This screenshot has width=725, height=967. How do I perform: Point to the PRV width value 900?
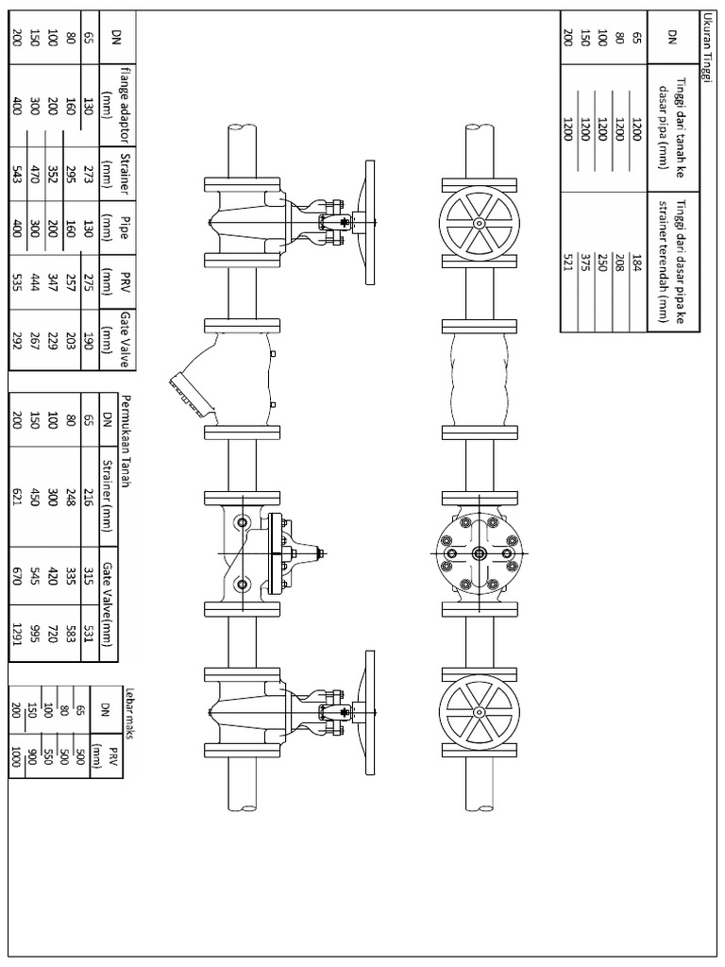(32, 758)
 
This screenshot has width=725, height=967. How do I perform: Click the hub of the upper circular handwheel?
(479, 223)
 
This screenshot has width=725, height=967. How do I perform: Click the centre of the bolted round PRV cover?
(479, 553)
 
